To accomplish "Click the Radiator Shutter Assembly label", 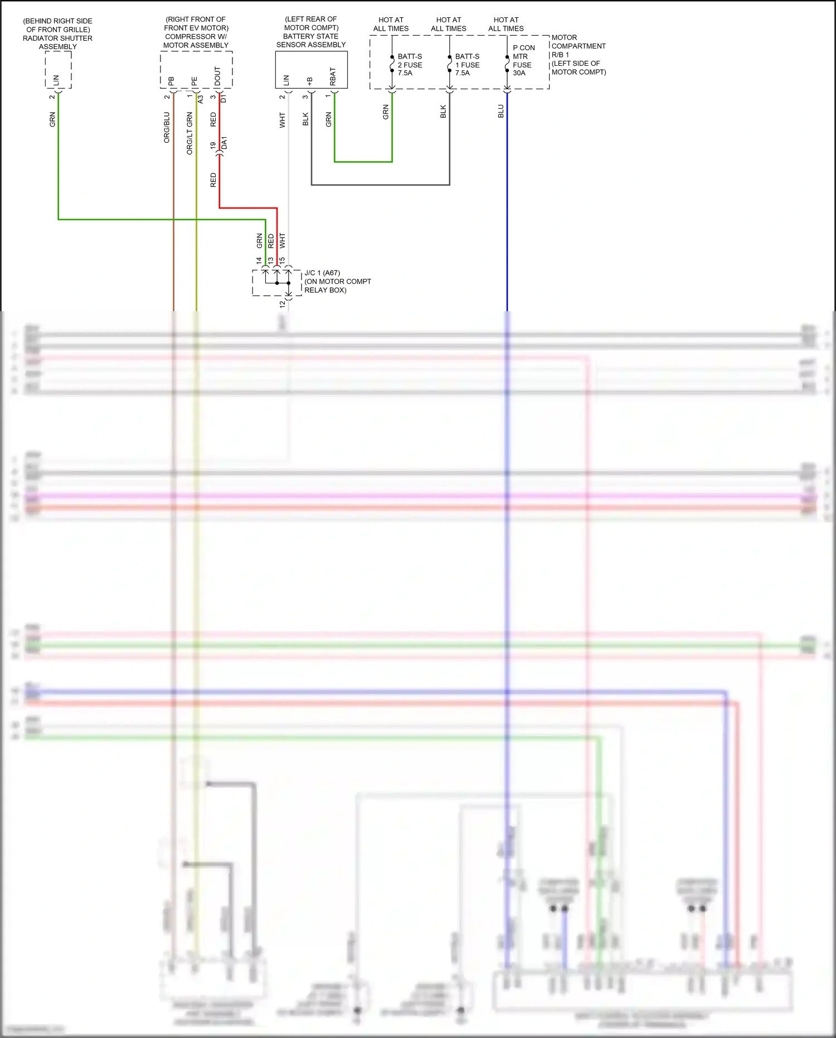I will (57, 33).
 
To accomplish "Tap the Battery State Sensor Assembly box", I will (311, 70).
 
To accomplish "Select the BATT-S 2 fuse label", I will (410, 65).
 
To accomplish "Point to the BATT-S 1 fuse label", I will (467, 65).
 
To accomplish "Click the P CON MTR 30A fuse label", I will (523, 60).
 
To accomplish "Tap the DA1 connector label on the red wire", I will (224, 143).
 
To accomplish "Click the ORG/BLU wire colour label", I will (167, 127).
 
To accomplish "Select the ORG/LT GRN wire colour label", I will (189, 133).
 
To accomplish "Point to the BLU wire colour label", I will (500, 111).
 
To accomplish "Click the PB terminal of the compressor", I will (171, 81).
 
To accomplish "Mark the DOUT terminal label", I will (217, 76).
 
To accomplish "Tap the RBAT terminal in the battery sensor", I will (333, 76).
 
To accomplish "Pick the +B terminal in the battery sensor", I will (309, 81).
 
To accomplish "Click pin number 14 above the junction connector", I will (259, 260).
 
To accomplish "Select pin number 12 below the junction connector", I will (283, 304).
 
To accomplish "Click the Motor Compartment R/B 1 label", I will (578, 55).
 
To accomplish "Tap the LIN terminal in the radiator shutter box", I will (56, 80).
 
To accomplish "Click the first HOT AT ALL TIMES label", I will (391, 24).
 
